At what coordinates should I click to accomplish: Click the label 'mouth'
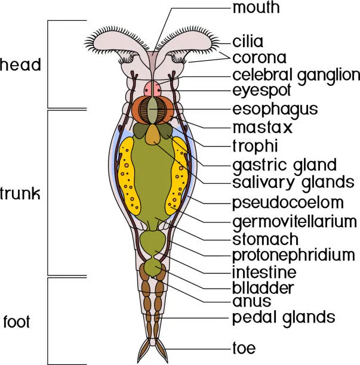[257, 9]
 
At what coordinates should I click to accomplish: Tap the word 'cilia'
[248, 42]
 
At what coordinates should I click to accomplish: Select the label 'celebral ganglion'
[296, 75]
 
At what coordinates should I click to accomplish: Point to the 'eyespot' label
[261, 91]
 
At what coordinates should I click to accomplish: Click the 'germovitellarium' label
[294, 221]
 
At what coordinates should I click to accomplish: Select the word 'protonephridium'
[293, 255]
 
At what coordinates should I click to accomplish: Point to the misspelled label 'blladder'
[263, 288]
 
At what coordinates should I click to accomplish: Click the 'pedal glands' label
[284, 316]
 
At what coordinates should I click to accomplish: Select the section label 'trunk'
[20, 193]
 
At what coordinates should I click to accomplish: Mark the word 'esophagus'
[275, 109]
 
